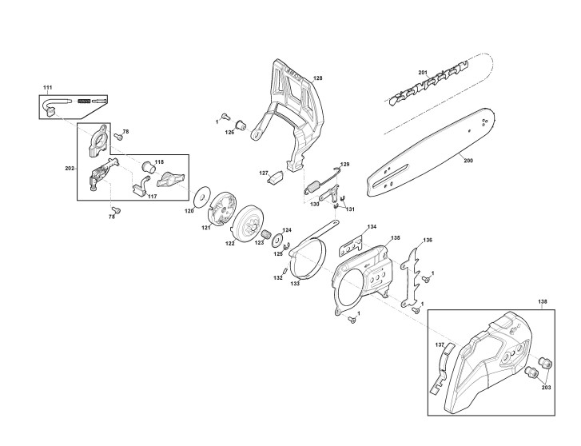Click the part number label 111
pos(47,86)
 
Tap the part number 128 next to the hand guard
pos(317,78)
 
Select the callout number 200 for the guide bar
pos(468,160)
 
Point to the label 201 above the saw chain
pos(423,73)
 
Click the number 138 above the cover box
pos(543,302)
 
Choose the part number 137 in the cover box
pos(440,345)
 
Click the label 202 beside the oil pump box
pos(70,169)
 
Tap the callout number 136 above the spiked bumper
pos(428,240)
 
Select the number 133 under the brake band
pos(295,284)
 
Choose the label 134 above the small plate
pos(371,228)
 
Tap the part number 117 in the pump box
pos(152,197)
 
